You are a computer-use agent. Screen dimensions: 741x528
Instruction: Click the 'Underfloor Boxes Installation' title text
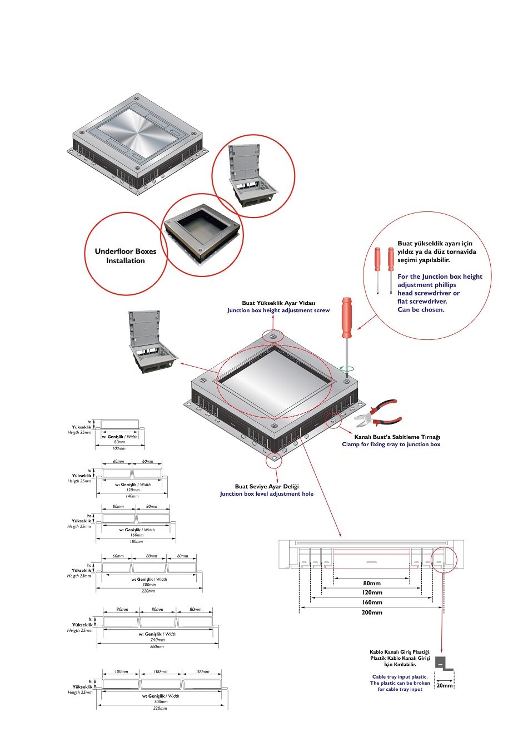click(x=126, y=256)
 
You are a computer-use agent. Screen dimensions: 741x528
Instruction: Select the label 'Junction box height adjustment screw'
click(x=278, y=310)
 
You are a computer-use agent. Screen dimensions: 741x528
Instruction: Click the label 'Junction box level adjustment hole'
click(x=267, y=494)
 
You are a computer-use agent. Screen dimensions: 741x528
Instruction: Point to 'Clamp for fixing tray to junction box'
click(x=391, y=444)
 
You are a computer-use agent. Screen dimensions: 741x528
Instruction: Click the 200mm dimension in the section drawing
click(x=372, y=612)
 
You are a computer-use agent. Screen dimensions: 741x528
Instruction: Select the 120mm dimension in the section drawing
click(x=372, y=592)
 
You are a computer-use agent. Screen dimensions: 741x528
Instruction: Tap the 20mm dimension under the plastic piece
click(x=444, y=685)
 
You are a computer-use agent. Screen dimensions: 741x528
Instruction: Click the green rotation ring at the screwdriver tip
click(x=347, y=368)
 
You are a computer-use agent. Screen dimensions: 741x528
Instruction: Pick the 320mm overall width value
click(x=160, y=708)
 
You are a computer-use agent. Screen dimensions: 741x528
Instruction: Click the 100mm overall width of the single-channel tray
click(x=119, y=448)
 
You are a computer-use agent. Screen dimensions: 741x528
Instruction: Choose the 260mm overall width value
click(x=157, y=646)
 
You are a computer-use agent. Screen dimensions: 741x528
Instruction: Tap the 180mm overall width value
click(x=136, y=541)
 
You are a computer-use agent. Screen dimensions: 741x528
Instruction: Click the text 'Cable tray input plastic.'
click(x=400, y=677)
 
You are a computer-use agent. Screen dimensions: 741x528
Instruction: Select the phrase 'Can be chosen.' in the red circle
click(x=421, y=310)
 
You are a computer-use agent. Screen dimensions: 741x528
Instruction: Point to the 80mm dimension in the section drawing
click(x=372, y=583)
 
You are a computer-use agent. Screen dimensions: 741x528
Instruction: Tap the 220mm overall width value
click(x=148, y=591)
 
